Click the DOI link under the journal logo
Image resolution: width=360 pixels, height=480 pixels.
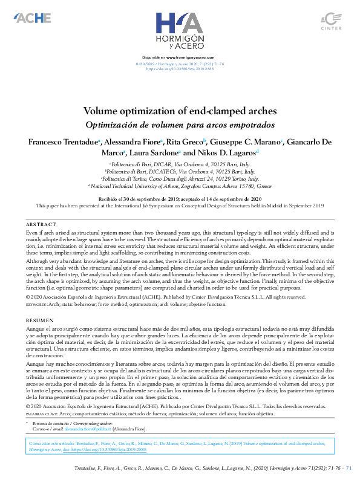tap(180, 70)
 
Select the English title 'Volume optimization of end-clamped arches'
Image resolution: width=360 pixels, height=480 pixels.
tap(180, 111)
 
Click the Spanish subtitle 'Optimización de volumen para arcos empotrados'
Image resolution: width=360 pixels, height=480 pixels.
tap(180, 125)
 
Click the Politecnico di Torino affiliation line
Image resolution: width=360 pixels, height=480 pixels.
tap(180, 180)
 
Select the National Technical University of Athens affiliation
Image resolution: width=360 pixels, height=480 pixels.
tap(180, 187)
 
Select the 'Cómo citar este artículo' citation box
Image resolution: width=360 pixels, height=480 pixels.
tap(180, 446)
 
